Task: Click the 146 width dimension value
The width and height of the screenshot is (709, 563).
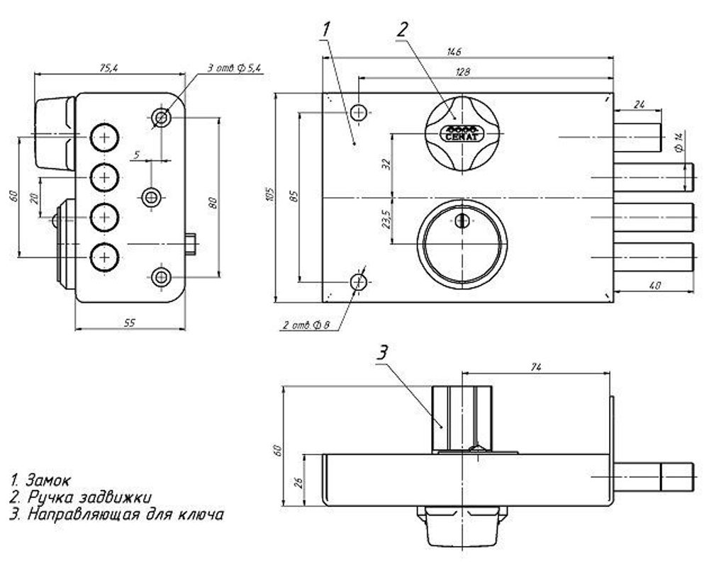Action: tap(454, 51)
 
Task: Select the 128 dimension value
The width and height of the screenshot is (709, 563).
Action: tap(464, 72)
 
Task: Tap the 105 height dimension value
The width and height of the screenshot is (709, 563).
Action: tap(267, 198)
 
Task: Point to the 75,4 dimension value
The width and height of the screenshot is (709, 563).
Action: tap(108, 67)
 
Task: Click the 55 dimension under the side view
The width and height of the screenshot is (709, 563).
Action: tap(130, 323)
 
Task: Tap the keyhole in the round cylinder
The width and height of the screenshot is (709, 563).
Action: tap(462, 222)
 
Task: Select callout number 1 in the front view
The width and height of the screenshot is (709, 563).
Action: tap(326, 29)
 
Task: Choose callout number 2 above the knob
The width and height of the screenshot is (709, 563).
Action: tap(402, 29)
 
